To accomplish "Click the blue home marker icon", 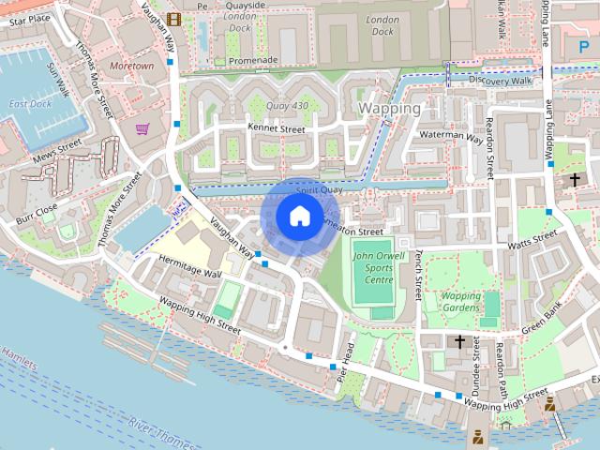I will coord(298,216).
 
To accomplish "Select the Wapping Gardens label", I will coord(460,302).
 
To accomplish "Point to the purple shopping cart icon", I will coord(142,128).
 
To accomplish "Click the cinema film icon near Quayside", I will coord(173,19).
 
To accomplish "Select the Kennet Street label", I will coord(277,128).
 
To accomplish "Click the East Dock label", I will coord(30,103).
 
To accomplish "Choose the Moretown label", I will coord(130,67).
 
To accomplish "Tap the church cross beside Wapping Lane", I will coord(575,179).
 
